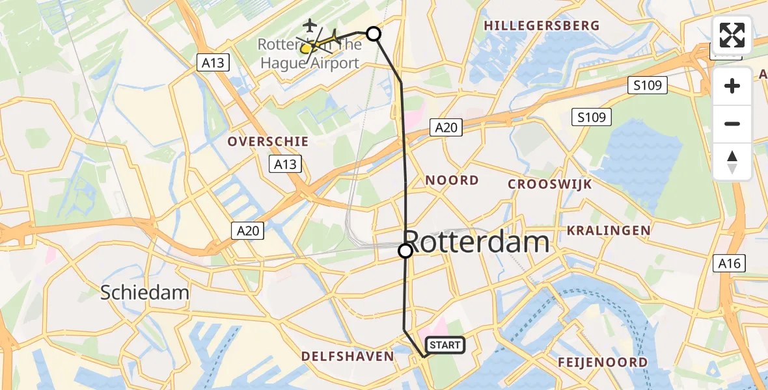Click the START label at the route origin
coord(445,345)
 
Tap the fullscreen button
coord(732,35)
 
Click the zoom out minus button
coord(732,123)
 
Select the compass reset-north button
coord(732,162)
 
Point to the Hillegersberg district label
coord(542,25)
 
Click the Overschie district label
coord(267,141)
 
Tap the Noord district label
coord(452,180)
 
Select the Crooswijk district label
coord(550,184)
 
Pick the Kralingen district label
coord(609,230)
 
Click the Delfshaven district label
coord(348,356)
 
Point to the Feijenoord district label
coord(603,362)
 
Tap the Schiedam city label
coord(144,292)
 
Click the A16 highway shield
coord(729,263)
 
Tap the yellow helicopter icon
coord(307,47)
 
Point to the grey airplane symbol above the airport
coord(309,25)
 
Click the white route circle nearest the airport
coord(374,34)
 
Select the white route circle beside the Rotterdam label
coord(405,250)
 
